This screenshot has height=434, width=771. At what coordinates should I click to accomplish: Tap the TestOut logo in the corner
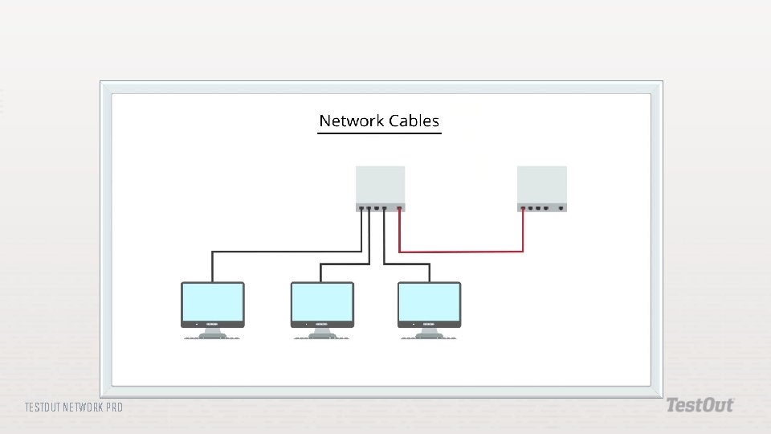pos(699,405)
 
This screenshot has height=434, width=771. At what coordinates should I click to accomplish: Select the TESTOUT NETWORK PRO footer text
pos(74,407)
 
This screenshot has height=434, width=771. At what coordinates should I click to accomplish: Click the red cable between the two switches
pos(461,252)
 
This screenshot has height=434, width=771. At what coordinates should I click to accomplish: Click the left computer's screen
pos(213,302)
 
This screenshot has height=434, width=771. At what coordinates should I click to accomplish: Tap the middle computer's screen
pos(321,302)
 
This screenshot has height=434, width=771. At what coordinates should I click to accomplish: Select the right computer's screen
pos(430,302)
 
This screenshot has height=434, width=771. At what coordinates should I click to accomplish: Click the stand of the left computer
pos(213,333)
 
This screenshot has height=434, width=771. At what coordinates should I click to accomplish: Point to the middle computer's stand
pos(321,333)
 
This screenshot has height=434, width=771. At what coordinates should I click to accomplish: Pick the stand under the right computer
pos(430,333)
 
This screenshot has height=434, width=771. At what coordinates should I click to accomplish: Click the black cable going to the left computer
pos(281,252)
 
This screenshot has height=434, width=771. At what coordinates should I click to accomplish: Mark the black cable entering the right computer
pos(429,272)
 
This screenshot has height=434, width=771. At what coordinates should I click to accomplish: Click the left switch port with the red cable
pos(399,209)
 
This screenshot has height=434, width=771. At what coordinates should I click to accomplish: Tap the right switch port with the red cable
pos(524,209)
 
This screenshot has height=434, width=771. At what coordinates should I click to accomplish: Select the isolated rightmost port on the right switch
pos(561,209)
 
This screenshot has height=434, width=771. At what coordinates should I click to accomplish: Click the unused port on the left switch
pos(377,209)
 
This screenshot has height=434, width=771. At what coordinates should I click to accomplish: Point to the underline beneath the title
pos(380,133)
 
